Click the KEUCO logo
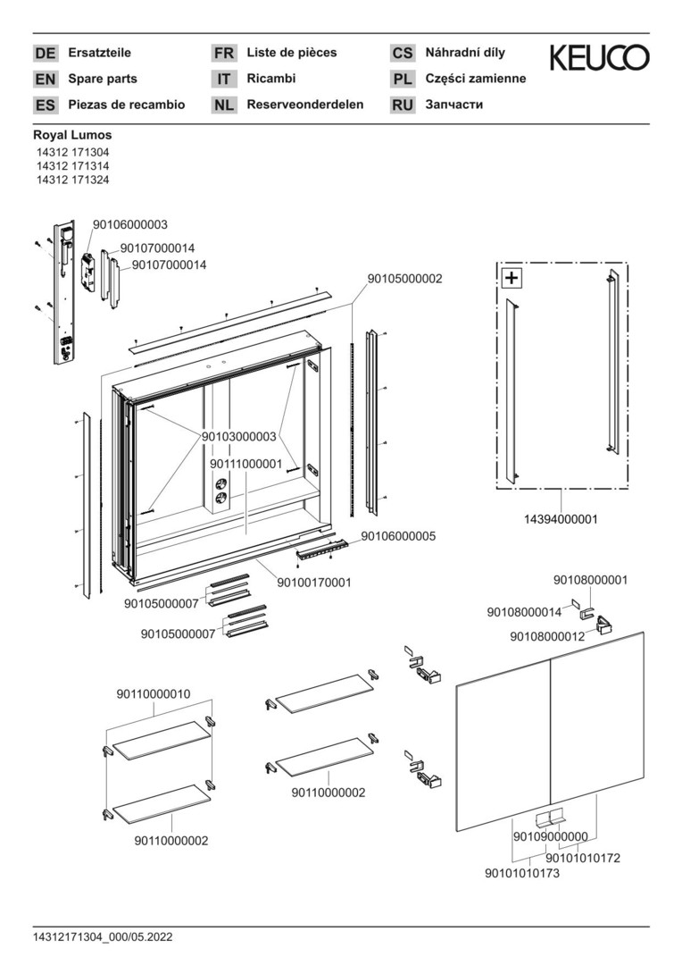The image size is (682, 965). pyautogui.click(x=599, y=58)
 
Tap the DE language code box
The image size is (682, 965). pyautogui.click(x=45, y=54)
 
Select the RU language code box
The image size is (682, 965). pyautogui.click(x=403, y=105)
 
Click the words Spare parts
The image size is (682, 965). pyautogui.click(x=103, y=79)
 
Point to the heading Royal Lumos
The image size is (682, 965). pyautogui.click(x=72, y=136)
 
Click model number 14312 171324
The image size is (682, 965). pyautogui.click(x=72, y=180)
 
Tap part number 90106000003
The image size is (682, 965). pyautogui.click(x=130, y=224)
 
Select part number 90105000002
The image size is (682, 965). pyautogui.click(x=404, y=279)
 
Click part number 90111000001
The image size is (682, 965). pyautogui.click(x=246, y=465)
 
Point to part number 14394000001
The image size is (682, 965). pyautogui.click(x=561, y=518)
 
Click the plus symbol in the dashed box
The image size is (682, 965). pyautogui.click(x=511, y=278)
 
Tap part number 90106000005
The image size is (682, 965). pyautogui.click(x=398, y=536)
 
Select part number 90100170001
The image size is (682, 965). pyautogui.click(x=314, y=583)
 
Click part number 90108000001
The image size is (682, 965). pyautogui.click(x=590, y=580)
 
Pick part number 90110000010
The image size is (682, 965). pyautogui.click(x=154, y=693)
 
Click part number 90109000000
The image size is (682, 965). pyautogui.click(x=550, y=837)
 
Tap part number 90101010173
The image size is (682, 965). pyautogui.click(x=521, y=873)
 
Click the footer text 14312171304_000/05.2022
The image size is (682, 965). pyautogui.click(x=103, y=936)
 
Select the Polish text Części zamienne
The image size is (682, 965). pyautogui.click(x=476, y=79)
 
